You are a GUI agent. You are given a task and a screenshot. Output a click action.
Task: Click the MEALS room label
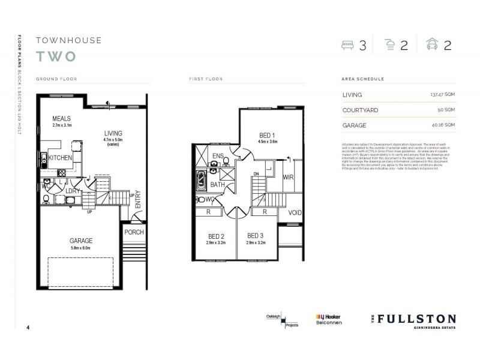click(x=62, y=119)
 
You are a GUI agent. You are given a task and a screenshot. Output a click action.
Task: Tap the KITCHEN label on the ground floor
click(x=61, y=158)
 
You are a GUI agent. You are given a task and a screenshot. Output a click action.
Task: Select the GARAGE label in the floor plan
click(x=80, y=241)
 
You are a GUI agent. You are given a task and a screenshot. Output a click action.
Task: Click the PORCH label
click(x=133, y=232)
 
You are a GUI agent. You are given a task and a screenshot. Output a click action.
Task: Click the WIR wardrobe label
click(x=287, y=177)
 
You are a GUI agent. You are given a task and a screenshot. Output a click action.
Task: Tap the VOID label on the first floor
click(x=295, y=212)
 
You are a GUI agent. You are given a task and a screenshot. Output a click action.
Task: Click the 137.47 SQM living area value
click(x=442, y=95)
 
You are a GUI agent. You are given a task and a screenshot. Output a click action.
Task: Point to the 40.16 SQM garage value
click(x=443, y=125)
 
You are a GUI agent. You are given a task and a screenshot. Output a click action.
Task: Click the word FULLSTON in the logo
click(x=418, y=319)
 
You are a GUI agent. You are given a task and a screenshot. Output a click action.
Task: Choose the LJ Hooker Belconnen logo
click(x=328, y=319)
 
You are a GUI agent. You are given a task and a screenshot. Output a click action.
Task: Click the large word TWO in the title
click(x=55, y=57)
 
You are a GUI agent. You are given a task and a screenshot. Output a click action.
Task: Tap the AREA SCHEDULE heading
click(x=362, y=79)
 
